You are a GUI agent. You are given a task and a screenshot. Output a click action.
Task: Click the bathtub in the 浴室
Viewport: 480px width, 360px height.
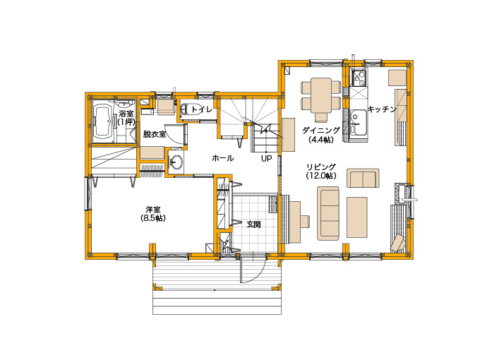coord(103,122)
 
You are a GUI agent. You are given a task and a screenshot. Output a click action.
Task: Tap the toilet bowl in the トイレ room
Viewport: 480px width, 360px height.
coord(191,109)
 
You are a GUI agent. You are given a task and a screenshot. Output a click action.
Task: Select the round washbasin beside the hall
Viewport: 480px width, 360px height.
coord(176,161)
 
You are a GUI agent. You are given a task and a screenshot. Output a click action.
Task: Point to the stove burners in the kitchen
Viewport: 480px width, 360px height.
coord(359,78)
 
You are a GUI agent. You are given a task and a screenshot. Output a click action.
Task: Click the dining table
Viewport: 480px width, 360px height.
coord(321,95)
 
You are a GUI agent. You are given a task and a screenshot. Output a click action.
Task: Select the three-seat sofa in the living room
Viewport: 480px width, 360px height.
coord(328,213)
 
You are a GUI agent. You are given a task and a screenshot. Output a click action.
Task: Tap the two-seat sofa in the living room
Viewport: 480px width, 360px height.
coord(363,178)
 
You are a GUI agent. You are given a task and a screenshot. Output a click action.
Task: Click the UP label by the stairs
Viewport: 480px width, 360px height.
coord(266,159)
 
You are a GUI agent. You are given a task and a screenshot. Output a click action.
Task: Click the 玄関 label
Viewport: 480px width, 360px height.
coord(254,224)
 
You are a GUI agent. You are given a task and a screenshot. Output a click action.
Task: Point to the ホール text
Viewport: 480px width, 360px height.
coord(223,158)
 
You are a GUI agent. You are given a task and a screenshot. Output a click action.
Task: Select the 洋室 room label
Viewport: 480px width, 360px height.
coord(153,210)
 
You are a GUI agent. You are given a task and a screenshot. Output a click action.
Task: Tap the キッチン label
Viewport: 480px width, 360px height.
coord(382,109)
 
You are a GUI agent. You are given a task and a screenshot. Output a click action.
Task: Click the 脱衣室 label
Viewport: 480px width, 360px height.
coord(155,134)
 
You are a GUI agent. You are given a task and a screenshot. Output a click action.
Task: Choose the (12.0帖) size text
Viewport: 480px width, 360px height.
coord(321,176)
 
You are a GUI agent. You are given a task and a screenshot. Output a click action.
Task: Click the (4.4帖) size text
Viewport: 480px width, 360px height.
coord(321,140)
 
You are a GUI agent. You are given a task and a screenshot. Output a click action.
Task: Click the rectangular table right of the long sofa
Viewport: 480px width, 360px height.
coord(357,217)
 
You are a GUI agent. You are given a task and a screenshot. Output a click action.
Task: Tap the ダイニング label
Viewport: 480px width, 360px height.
coord(321,131)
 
